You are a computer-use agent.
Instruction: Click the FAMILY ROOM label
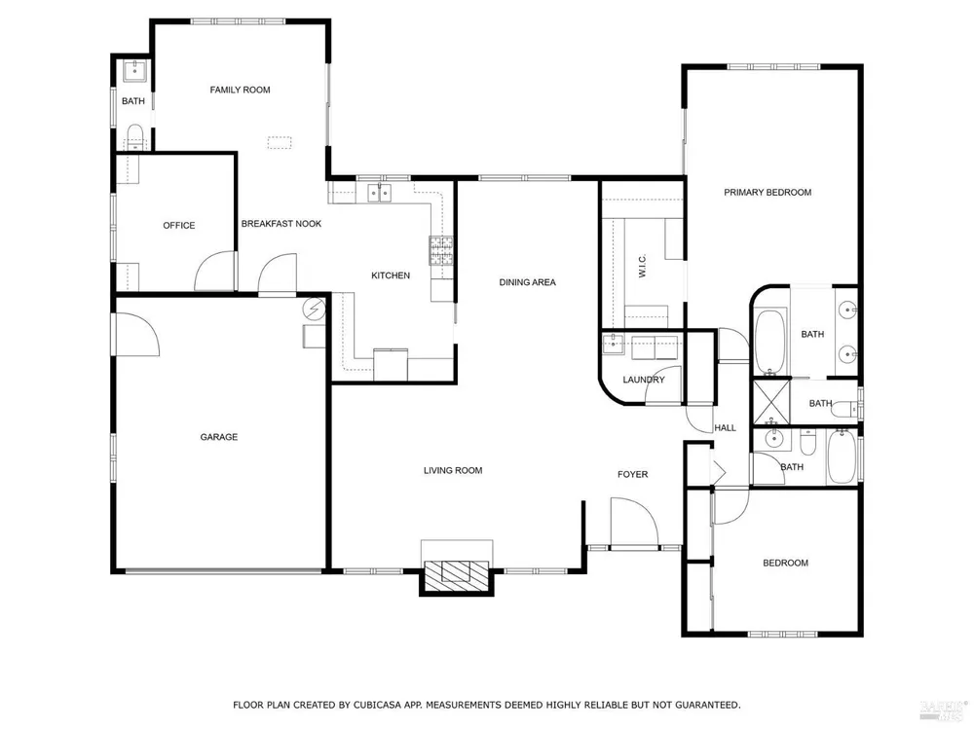click(240, 90)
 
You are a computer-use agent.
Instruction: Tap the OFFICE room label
click(179, 226)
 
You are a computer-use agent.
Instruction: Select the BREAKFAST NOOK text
click(281, 224)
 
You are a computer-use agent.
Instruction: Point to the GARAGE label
click(218, 437)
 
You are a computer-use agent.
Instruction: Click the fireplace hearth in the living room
click(457, 571)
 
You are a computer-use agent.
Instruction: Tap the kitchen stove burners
click(441, 250)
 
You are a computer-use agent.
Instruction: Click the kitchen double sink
click(380, 193)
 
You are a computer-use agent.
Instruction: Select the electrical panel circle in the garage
click(315, 308)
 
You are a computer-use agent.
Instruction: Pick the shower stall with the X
click(770, 402)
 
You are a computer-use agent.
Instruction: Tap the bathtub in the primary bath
click(770, 341)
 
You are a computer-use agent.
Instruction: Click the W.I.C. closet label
click(642, 265)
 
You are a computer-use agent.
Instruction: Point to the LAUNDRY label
click(644, 380)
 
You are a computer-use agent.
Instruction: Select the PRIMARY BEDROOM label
click(768, 193)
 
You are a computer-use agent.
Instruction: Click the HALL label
click(725, 427)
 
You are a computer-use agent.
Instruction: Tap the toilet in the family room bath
click(134, 135)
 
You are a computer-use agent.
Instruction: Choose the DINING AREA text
click(527, 282)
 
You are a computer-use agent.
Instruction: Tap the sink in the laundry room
click(613, 344)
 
